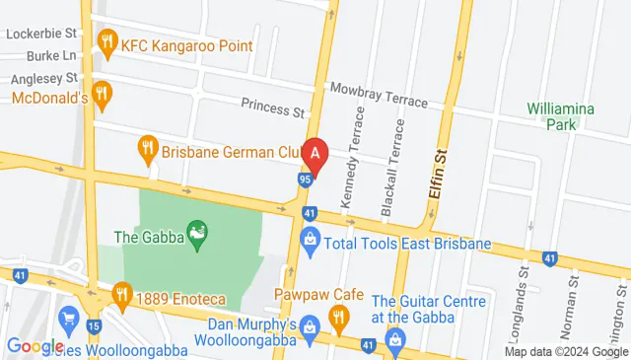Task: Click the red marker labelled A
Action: (315, 155)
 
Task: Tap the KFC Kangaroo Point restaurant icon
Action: (106, 44)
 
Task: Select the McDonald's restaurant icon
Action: (104, 96)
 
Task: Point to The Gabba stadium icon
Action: (197, 235)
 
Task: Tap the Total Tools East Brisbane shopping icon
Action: (310, 240)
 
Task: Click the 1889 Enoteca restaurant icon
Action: (122, 292)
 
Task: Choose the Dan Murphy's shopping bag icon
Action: (310, 324)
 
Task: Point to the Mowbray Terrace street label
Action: (379, 96)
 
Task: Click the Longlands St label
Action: (524, 286)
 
